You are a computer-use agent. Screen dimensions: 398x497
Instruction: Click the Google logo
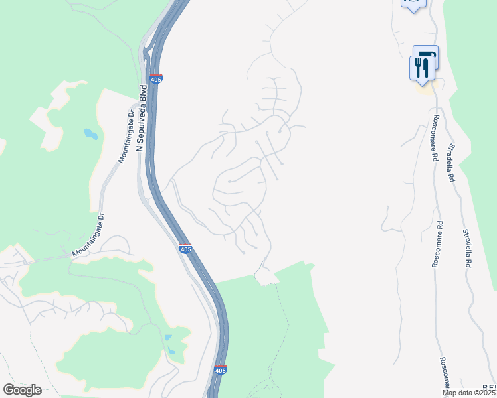coord(22,390)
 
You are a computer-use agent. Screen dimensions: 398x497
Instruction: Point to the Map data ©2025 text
coord(469,393)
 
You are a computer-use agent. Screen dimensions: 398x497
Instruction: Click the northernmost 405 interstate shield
coord(156,79)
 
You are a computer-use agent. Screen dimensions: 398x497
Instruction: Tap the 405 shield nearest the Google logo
coord(221,370)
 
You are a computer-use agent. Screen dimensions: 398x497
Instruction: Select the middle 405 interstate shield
coord(185,248)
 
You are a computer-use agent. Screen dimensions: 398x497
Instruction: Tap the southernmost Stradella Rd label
coord(467,248)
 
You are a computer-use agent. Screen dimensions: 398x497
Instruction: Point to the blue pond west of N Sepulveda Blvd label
coord(90,135)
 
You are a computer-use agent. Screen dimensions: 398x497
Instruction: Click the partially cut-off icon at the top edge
coord(413,5)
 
